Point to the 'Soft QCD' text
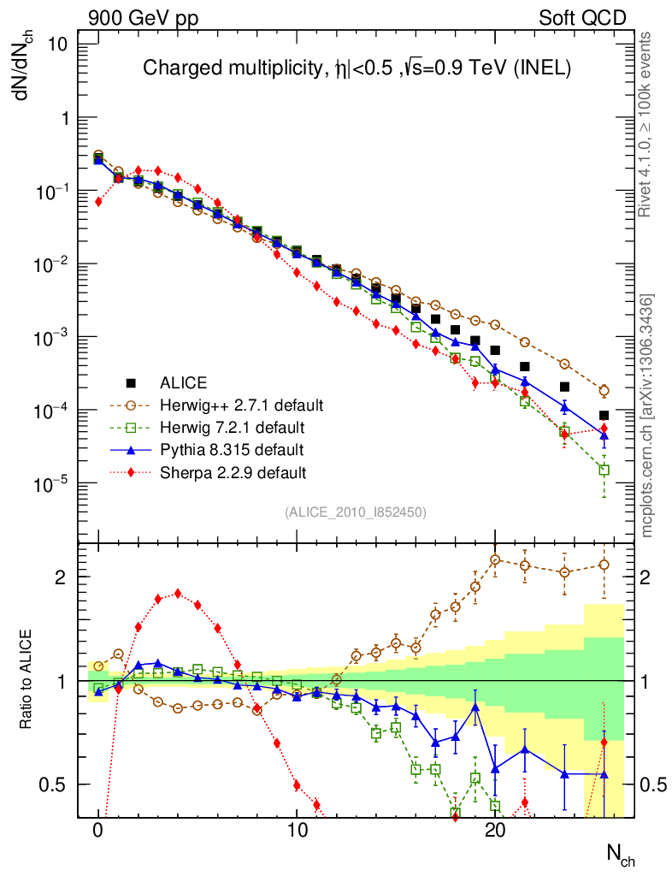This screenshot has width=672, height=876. click(x=582, y=17)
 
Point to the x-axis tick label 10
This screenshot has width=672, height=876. click(x=297, y=828)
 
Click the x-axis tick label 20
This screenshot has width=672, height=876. click(x=495, y=828)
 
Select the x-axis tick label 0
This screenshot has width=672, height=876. click(x=98, y=828)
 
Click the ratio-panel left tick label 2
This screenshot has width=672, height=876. click(x=68, y=577)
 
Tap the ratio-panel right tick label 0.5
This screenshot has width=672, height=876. click(x=652, y=784)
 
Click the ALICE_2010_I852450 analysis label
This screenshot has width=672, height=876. click(x=356, y=512)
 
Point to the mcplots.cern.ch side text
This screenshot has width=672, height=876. click(x=648, y=416)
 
